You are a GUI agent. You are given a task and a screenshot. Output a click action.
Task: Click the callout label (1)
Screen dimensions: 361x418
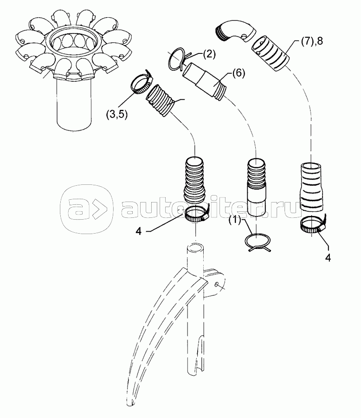point(236,220)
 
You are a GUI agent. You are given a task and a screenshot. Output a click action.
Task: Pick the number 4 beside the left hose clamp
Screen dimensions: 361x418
point(139,231)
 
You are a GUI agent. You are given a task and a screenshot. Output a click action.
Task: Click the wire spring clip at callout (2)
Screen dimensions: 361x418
point(178,58)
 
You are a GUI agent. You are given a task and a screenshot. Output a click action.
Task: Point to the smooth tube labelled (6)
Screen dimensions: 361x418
point(204,80)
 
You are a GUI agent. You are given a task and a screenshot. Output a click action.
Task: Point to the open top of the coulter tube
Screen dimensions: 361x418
point(195,247)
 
